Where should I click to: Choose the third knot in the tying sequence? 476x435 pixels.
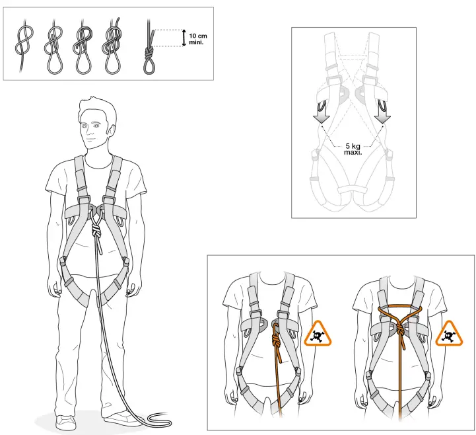tap(84, 46)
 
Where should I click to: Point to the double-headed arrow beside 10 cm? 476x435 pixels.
tap(185, 38)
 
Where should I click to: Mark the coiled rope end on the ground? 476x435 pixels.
tap(158, 417)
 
